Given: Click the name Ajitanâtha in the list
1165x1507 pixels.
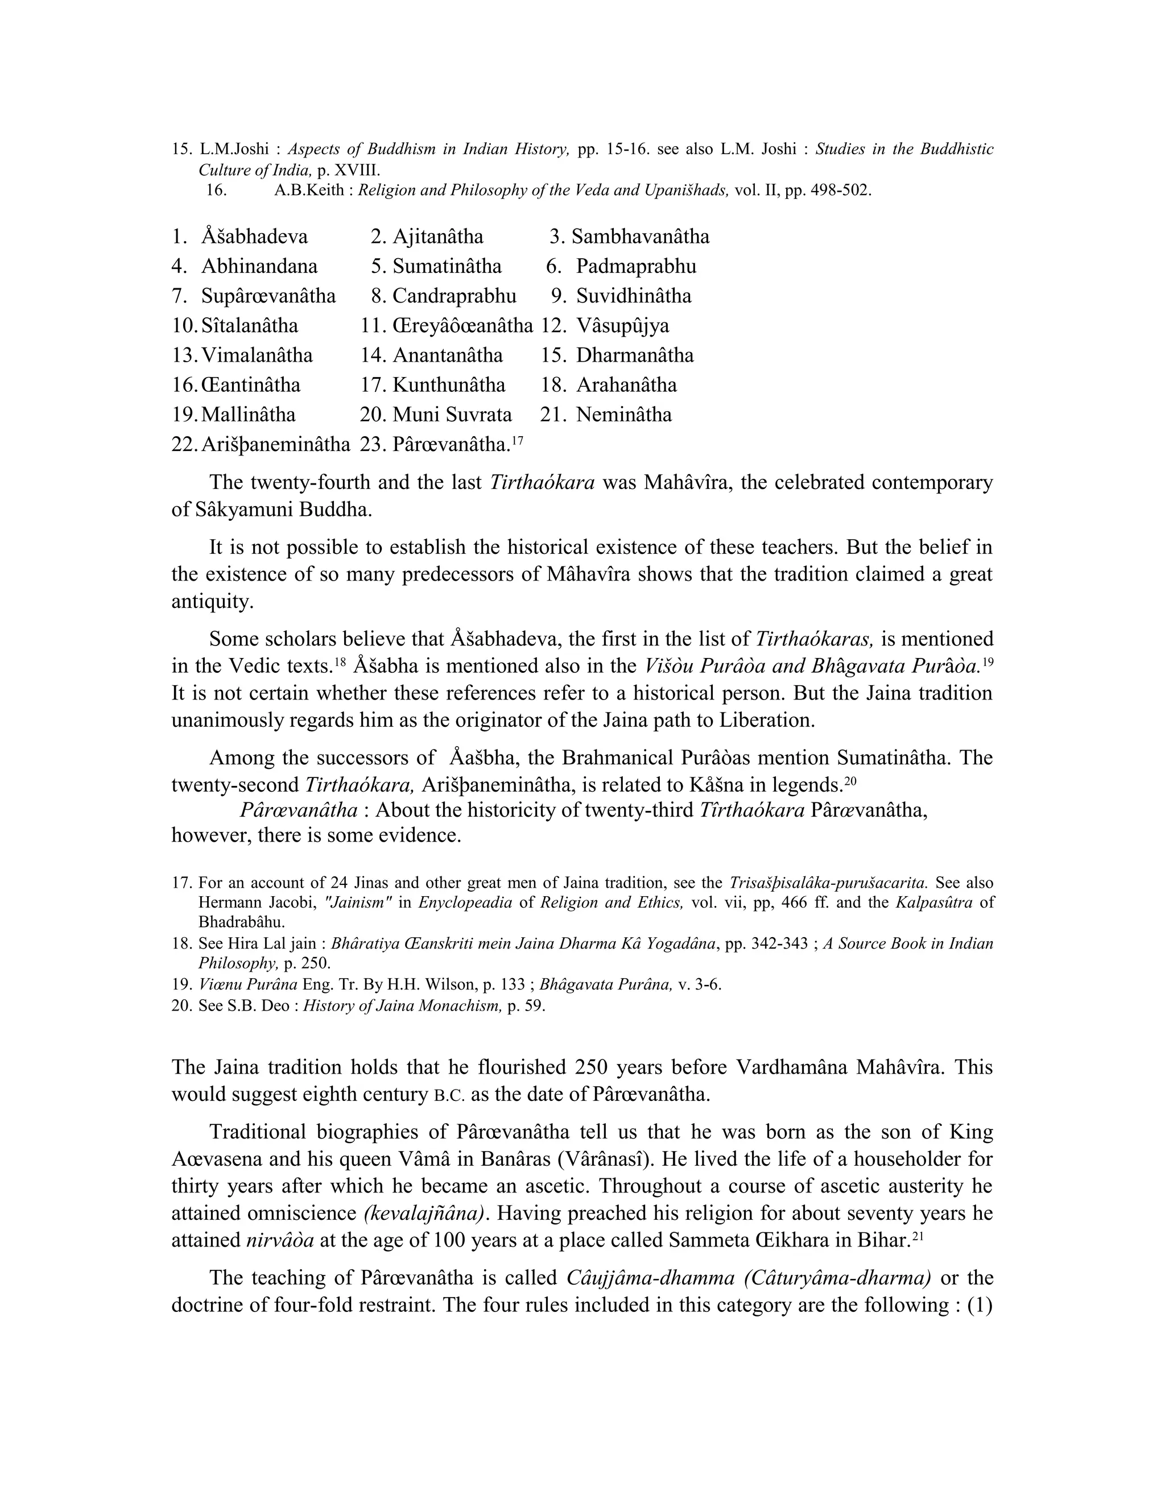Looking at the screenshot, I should coord(437,237).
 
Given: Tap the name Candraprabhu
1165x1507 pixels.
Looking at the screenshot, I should coord(454,296).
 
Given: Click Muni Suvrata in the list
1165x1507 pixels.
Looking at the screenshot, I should coord(452,415).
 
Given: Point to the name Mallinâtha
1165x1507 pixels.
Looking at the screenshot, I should coord(249,415).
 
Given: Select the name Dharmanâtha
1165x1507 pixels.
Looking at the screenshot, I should coord(635,355).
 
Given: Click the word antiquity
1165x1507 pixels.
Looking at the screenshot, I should coord(212,601).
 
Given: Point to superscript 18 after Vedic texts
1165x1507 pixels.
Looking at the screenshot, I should coord(339,660).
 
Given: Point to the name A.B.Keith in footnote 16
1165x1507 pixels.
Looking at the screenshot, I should coord(308,191).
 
